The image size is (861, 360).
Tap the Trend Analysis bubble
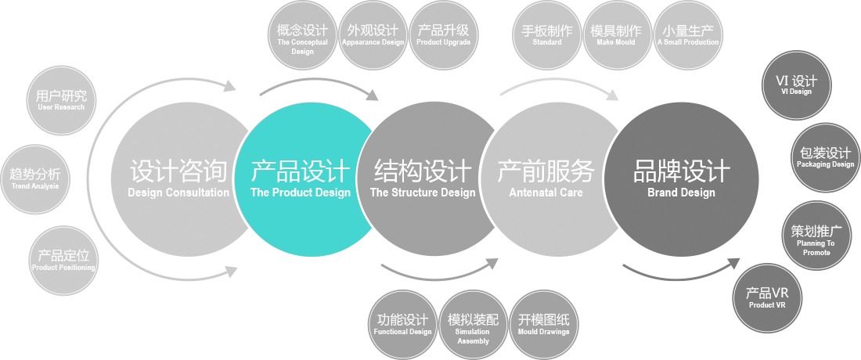pos(35,178)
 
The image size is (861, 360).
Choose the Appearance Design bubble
pos(373,36)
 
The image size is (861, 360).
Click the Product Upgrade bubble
pos(443,36)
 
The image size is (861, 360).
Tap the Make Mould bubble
pos(616,36)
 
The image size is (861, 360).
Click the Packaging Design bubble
pos(825,157)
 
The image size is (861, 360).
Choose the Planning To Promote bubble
pos(816,237)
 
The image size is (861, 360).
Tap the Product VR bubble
pos(767,298)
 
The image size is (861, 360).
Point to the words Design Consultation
pos(178,193)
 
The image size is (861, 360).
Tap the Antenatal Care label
pos(546,193)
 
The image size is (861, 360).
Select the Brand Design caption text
pos(681,193)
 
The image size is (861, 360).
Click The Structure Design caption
pos(423,193)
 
